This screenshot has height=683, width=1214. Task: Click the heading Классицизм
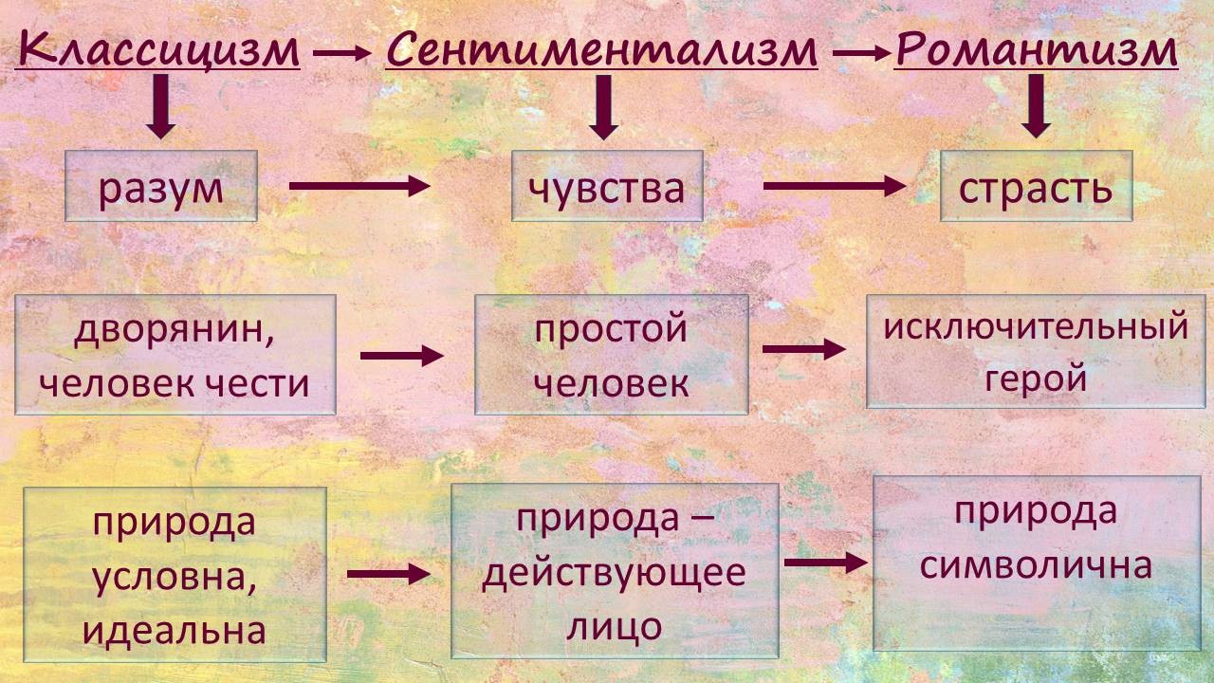click(x=158, y=49)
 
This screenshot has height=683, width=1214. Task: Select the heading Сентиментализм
click(x=601, y=49)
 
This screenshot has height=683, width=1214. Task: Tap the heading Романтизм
click(x=1036, y=49)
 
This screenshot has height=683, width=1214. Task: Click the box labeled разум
click(x=161, y=187)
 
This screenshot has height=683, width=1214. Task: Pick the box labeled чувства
click(x=607, y=187)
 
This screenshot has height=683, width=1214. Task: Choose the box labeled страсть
click(x=1037, y=187)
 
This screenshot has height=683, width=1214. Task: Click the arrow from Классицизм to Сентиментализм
click(x=341, y=55)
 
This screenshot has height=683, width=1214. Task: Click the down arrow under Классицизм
click(x=160, y=105)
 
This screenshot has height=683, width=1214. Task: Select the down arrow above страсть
click(x=1037, y=105)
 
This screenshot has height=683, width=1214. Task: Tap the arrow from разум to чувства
click(x=359, y=186)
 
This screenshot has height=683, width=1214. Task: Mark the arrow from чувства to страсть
click(x=835, y=186)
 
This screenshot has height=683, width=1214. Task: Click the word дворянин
click(x=156, y=332)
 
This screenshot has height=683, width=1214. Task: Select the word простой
click(x=610, y=330)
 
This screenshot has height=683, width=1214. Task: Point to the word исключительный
click(x=1036, y=327)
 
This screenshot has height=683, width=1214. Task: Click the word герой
click(x=1036, y=378)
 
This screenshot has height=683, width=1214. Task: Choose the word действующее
click(x=614, y=573)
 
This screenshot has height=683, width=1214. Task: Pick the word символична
click(x=1036, y=565)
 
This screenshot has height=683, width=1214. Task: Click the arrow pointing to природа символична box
click(x=826, y=563)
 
